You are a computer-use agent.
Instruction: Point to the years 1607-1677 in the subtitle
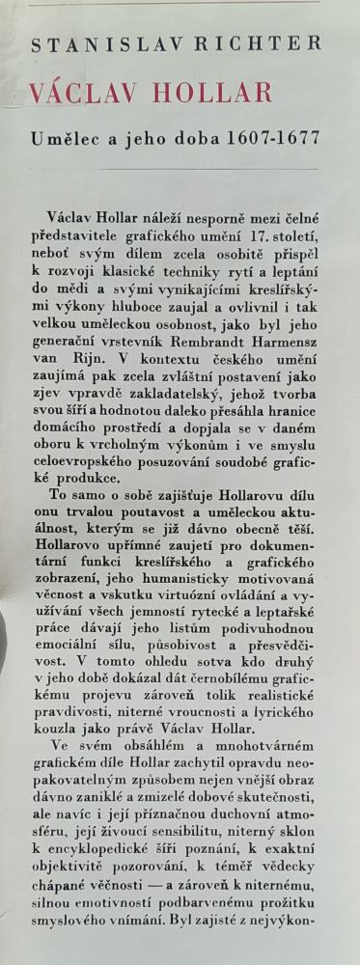pos(271,137)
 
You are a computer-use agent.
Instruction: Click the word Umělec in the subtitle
pos(66,137)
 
